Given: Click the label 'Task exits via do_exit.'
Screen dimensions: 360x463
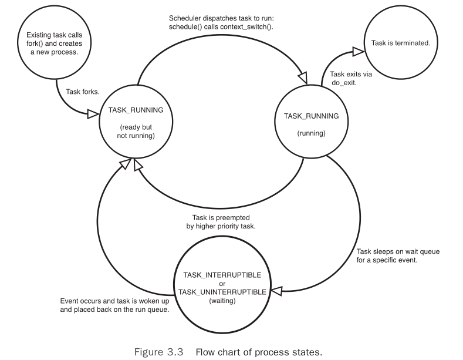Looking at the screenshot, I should [x=351, y=79].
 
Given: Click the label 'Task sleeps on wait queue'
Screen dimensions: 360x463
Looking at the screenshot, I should [x=398, y=251].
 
